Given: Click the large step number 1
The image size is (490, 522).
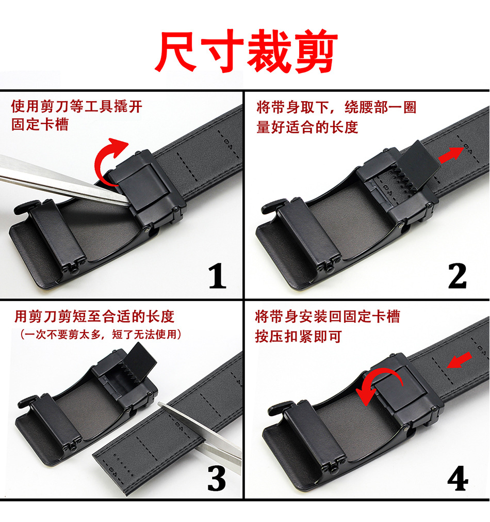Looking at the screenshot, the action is coord(217,276).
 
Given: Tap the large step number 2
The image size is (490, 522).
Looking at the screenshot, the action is coord(457,276).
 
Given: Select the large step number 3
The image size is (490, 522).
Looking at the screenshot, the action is coord(217,478).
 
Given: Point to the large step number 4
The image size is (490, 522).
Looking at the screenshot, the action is coord(458,478).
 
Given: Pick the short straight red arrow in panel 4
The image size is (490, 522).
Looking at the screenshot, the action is coord(459,360).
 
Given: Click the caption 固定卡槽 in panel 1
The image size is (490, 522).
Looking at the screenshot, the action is coord(40,124).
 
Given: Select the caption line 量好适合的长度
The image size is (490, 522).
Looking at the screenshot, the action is coord(307,127).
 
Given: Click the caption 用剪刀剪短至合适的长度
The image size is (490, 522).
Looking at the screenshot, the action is coord(94,317).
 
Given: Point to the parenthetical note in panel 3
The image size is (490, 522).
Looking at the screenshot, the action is coord(101,334).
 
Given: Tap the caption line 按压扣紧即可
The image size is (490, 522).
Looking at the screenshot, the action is coord(299,336).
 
